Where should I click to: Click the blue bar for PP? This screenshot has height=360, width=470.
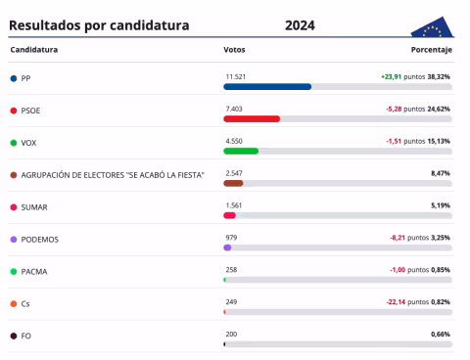[267, 86]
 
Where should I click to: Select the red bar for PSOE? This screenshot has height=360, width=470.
[252, 118]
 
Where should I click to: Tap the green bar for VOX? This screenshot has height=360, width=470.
[241, 151]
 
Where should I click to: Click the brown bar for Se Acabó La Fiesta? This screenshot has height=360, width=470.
[233, 183]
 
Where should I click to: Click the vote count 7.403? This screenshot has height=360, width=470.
[233, 108]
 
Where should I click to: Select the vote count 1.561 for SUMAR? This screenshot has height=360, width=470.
[233, 204]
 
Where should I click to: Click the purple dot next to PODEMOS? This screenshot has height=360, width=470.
[13, 239]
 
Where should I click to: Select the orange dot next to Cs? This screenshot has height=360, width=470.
[13, 303]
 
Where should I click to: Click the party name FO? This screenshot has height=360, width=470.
[26, 336]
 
